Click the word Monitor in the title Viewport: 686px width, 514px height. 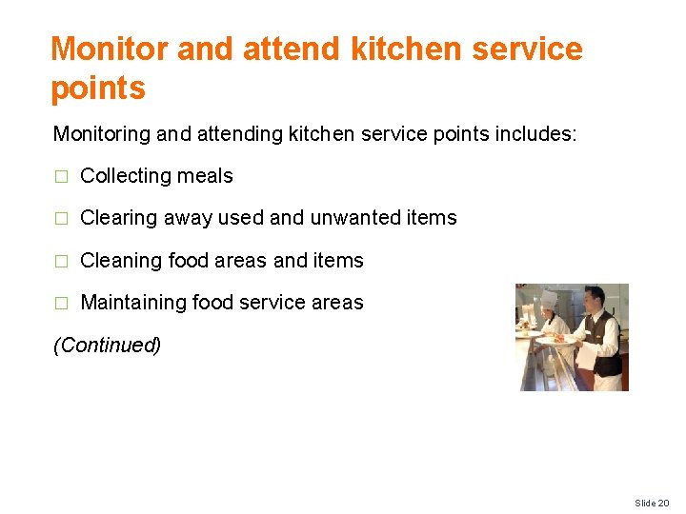click(x=109, y=49)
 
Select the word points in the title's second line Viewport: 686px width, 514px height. click(x=98, y=89)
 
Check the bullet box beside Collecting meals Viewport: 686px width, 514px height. click(x=62, y=177)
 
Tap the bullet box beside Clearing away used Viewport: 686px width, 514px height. click(x=62, y=219)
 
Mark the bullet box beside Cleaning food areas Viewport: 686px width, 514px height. click(x=62, y=262)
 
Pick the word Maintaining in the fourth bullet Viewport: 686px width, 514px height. click(x=133, y=303)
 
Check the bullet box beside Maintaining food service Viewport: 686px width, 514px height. click(x=62, y=304)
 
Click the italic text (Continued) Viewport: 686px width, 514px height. click(x=107, y=345)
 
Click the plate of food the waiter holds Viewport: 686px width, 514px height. click(x=554, y=336)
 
